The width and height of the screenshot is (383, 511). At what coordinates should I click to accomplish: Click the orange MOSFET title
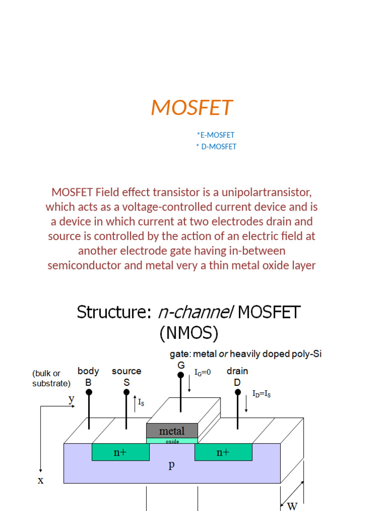[191, 107]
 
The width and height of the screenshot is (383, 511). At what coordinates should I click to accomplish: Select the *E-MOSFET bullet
[215, 135]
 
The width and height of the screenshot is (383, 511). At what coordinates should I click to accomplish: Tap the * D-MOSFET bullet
[216, 147]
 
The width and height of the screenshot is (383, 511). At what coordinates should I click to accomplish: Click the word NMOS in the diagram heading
[189, 332]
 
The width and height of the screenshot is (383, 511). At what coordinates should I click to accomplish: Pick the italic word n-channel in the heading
[195, 312]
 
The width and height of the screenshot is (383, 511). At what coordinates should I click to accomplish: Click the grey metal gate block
[172, 431]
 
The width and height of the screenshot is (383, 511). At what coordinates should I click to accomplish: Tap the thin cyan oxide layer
[172, 441]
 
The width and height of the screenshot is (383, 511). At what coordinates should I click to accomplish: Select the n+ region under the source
[120, 452]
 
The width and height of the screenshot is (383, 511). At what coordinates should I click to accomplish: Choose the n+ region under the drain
[223, 452]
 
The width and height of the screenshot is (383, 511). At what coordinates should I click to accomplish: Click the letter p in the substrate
[171, 465]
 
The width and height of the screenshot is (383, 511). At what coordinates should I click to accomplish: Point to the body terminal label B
[88, 382]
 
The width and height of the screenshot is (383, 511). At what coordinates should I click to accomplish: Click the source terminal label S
[126, 382]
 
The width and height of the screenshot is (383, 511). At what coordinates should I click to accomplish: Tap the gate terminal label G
[181, 365]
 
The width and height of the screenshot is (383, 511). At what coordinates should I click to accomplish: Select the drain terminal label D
[237, 382]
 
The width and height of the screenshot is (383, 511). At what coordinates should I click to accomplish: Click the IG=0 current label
[202, 372]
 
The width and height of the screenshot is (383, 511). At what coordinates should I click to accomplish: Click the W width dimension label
[293, 506]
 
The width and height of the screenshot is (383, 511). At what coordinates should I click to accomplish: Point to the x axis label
[40, 481]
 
